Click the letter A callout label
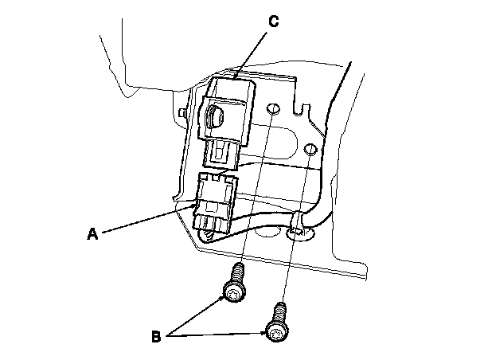click(x=93, y=234)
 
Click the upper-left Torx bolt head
click(x=232, y=295)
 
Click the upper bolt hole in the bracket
click(x=273, y=110)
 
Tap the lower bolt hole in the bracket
click(x=310, y=149)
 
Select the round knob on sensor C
click(x=216, y=118)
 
